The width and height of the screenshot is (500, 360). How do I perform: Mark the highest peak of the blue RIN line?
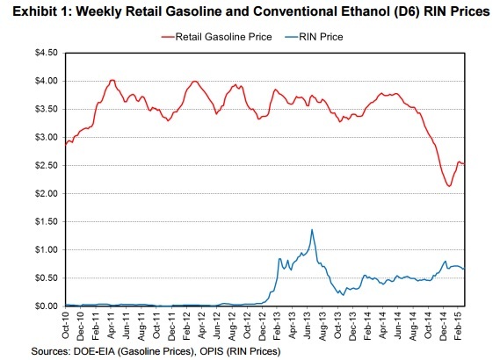point(312,230)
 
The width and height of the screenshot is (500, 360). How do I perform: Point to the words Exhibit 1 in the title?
point(33,11)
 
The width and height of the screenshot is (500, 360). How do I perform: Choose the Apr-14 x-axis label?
point(382,327)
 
